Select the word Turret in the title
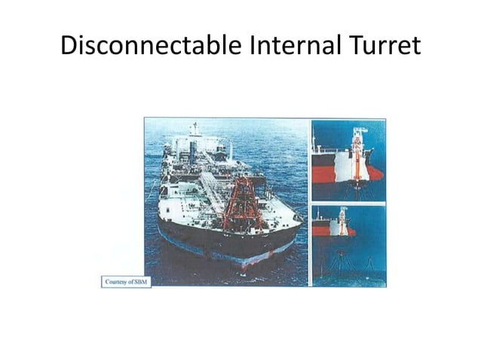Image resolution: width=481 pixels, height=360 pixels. (381, 47)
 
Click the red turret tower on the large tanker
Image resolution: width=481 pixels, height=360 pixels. (243, 203)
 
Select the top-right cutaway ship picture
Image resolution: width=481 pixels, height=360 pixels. (348, 160)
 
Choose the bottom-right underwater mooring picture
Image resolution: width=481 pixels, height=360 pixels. (348, 246)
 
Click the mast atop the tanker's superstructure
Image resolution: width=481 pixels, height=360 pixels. (195, 128)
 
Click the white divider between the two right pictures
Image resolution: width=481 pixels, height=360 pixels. (348, 203)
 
